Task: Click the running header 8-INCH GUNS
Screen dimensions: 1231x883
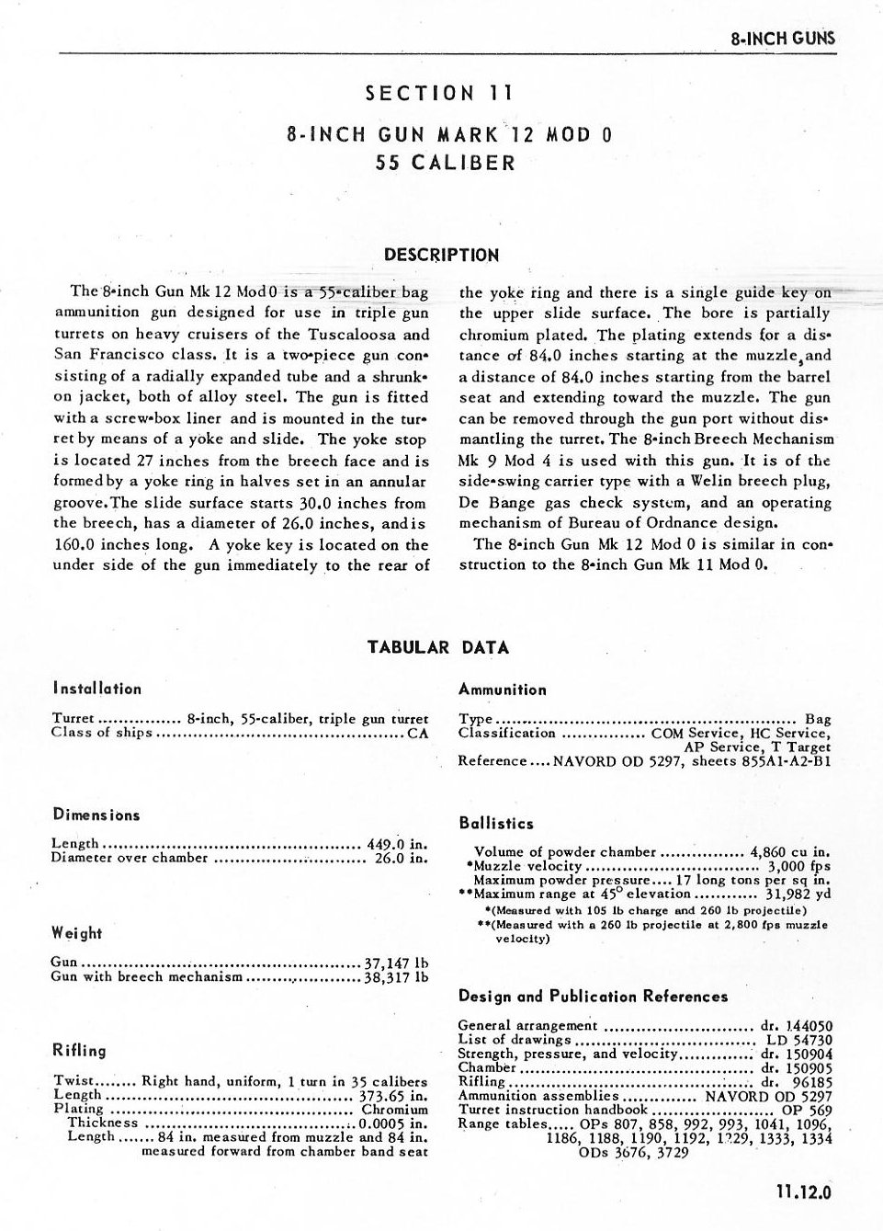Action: coord(782,39)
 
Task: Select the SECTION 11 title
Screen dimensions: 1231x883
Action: coord(438,93)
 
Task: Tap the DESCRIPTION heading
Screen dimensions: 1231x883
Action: coord(441,255)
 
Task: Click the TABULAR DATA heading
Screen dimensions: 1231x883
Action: coord(437,647)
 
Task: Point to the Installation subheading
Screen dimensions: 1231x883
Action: coord(96,689)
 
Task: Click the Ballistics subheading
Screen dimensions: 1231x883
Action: coord(495,823)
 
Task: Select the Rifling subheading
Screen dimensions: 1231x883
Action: coord(79,1050)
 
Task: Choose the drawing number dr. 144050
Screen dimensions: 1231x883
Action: coord(796,1026)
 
